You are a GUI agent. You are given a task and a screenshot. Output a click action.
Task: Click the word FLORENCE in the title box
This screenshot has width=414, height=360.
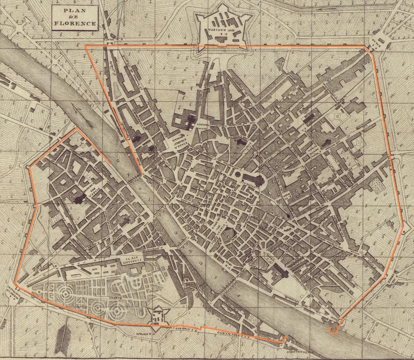coord(75,24)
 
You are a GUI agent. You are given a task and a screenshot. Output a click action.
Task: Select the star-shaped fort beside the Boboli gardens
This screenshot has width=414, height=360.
coord(157,317)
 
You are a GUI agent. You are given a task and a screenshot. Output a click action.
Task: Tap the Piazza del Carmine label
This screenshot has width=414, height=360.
coord(93,191)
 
